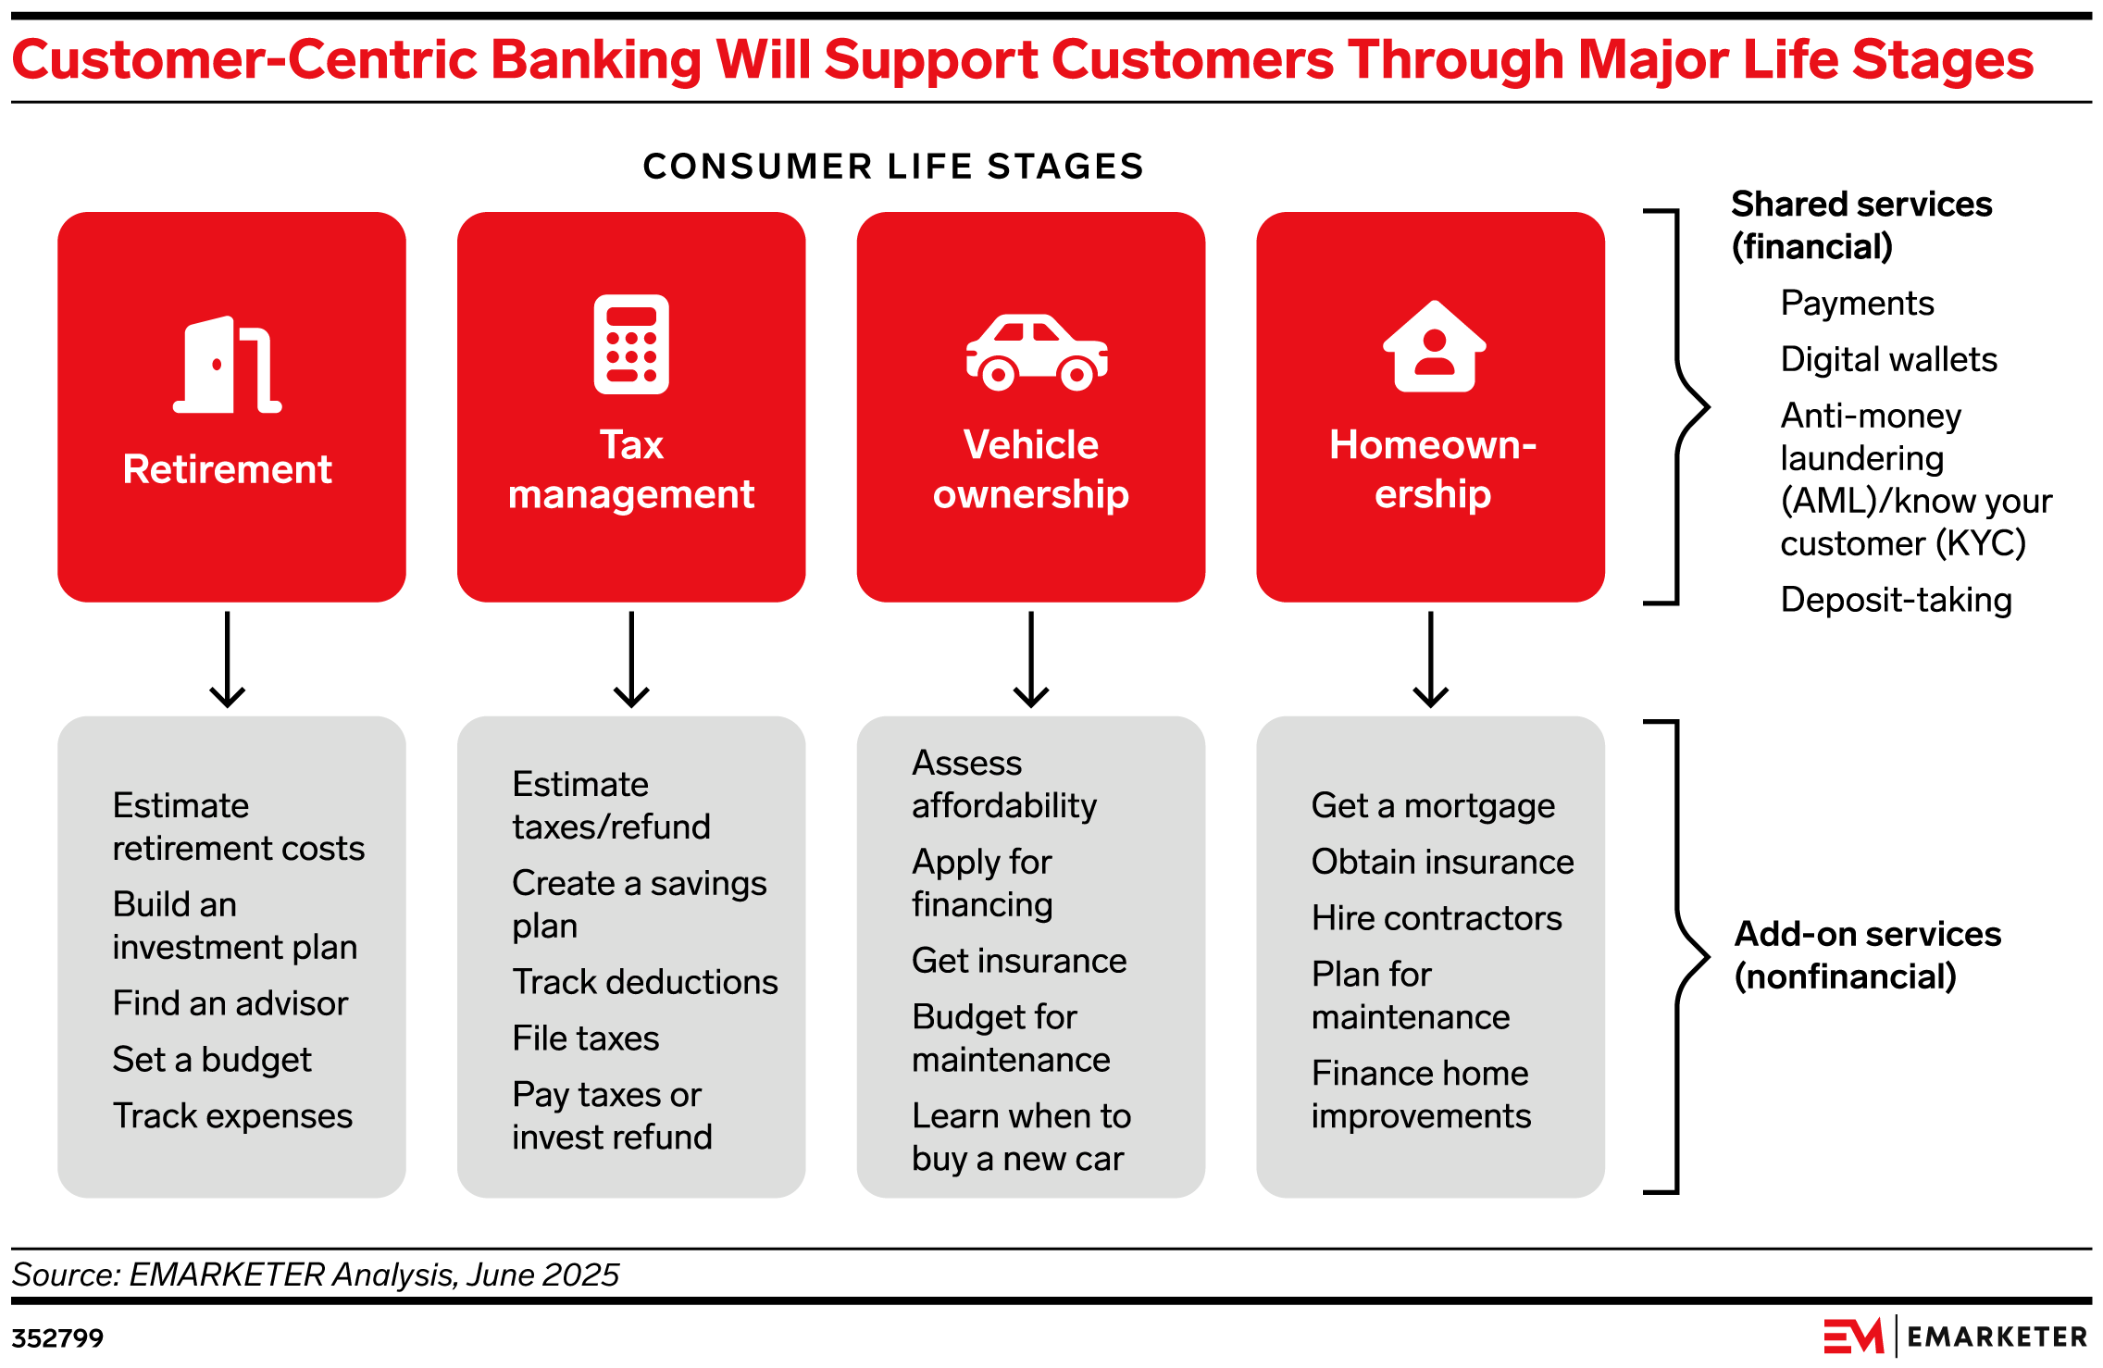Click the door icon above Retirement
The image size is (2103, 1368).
pyautogui.click(x=228, y=365)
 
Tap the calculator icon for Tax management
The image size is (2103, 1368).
pyautogui.click(x=631, y=344)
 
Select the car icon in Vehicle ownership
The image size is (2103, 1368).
pyautogui.click(x=1036, y=353)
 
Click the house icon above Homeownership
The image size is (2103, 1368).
pyautogui.click(x=1434, y=347)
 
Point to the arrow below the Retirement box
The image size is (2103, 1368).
pyautogui.click(x=227, y=659)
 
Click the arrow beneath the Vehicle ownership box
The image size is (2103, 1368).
pyautogui.click(x=1030, y=659)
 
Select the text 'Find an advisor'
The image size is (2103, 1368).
pyautogui.click(x=230, y=1003)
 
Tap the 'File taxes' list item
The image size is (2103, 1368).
pyautogui.click(x=585, y=1038)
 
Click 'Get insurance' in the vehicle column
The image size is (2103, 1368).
pyautogui.click(x=1018, y=961)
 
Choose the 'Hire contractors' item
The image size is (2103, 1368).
pyautogui.click(x=1436, y=918)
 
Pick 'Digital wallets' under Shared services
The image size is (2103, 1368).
pyautogui.click(x=1887, y=359)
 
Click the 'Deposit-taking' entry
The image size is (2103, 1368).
pyautogui.click(x=1895, y=600)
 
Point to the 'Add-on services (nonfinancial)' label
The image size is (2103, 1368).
pyautogui.click(x=1866, y=955)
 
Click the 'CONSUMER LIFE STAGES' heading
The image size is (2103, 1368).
pyautogui.click(x=893, y=167)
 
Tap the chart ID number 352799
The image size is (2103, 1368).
pyautogui.click(x=57, y=1338)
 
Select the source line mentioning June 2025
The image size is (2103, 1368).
pyautogui.click(x=315, y=1275)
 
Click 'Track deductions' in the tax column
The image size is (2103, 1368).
pyautogui.click(x=644, y=982)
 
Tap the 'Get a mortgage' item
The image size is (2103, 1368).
pyautogui.click(x=1432, y=806)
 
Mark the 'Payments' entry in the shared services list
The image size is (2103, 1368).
pyautogui.click(x=1856, y=304)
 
